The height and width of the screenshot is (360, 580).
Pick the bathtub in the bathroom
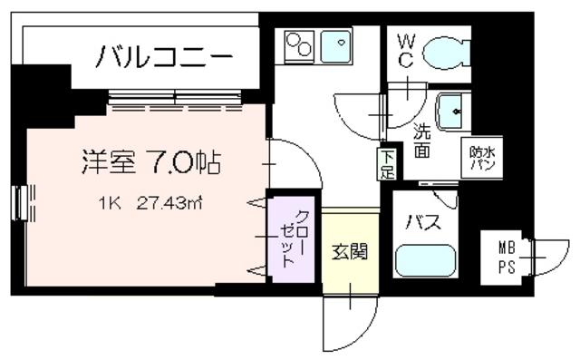pos(426,261)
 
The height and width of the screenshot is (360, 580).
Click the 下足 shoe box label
pos(387,162)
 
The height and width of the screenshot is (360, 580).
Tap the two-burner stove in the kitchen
pos(299,44)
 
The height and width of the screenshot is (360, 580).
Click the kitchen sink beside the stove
pos(337,42)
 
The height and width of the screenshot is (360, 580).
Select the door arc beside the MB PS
pos(547,256)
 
